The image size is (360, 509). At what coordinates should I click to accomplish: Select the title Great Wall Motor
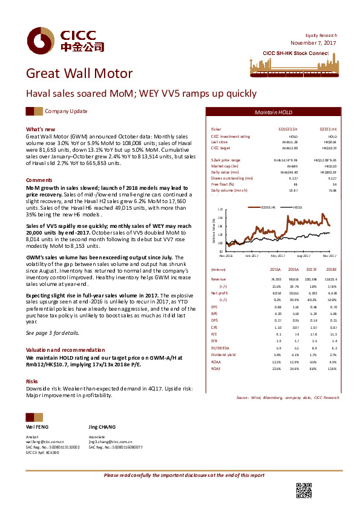click(x=79, y=74)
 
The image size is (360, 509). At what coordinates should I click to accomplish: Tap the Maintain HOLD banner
click(x=273, y=114)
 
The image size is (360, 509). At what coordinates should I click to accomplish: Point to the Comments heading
click(x=39, y=181)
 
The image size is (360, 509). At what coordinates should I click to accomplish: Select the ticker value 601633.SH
click(x=287, y=130)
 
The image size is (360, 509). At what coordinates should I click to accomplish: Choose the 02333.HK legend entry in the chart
click(x=267, y=207)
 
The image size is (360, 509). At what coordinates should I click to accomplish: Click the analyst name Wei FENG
click(x=36, y=426)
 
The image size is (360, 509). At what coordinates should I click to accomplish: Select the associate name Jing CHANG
click(x=101, y=426)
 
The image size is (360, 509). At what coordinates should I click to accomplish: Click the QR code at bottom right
click(x=303, y=490)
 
